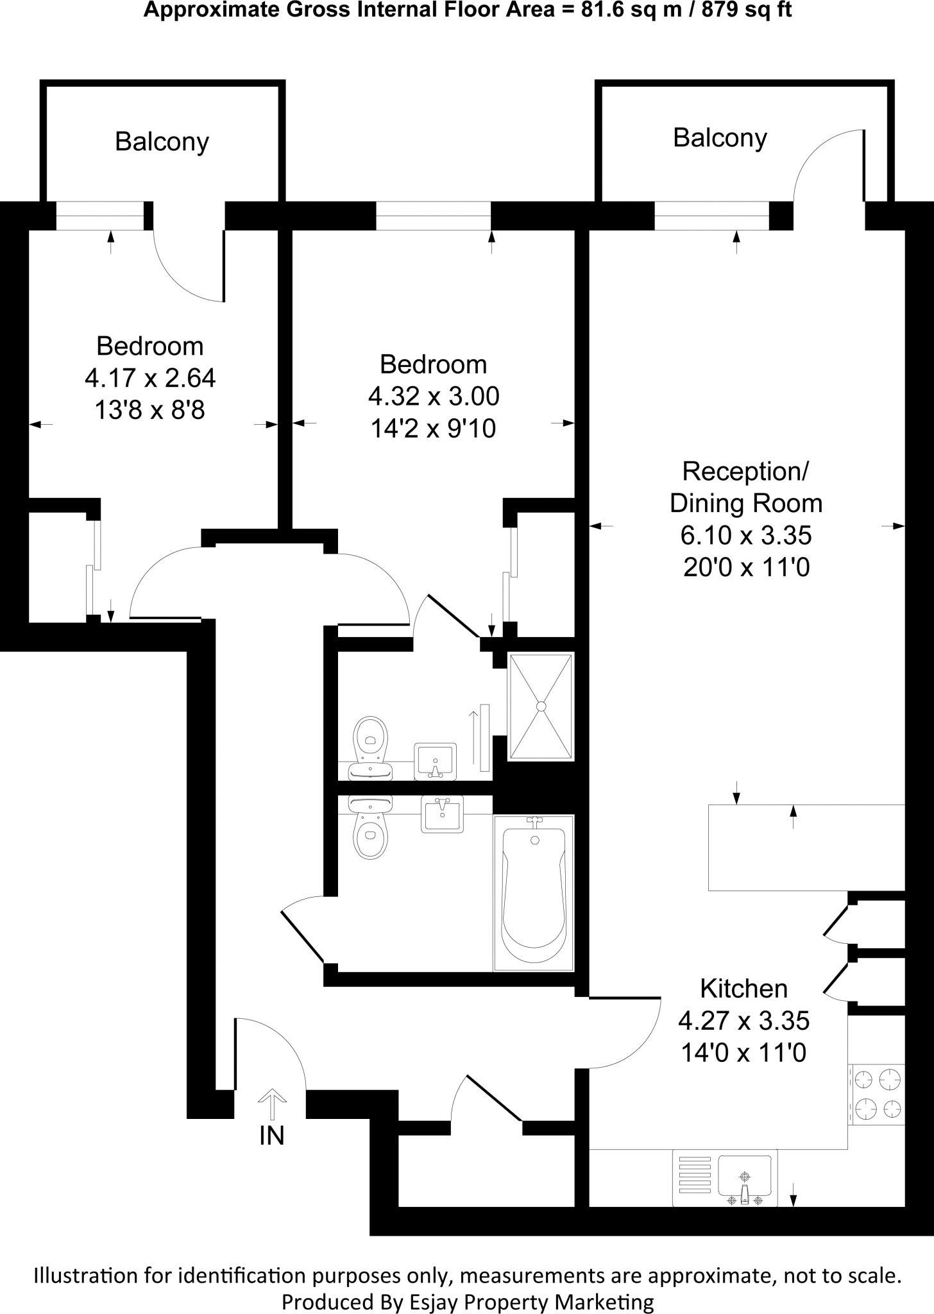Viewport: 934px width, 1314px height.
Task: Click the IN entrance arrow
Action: [x=272, y=1105]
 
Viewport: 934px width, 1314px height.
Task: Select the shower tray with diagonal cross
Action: [x=541, y=706]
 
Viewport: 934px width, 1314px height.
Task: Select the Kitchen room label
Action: [x=743, y=989]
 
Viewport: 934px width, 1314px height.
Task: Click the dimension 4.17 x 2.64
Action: [x=150, y=378]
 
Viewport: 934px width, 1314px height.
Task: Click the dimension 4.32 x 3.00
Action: [x=434, y=397]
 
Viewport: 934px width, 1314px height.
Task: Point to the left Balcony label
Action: [x=162, y=142]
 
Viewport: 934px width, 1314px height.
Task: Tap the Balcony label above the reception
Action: [x=720, y=139]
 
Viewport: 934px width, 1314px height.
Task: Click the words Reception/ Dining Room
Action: [x=746, y=488]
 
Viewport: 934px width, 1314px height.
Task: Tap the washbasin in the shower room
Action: [x=436, y=761]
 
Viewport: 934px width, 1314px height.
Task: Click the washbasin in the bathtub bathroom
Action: [x=442, y=814]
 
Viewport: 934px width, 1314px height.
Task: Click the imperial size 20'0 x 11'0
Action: [x=746, y=567]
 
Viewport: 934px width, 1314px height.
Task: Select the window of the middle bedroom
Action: [x=434, y=216]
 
